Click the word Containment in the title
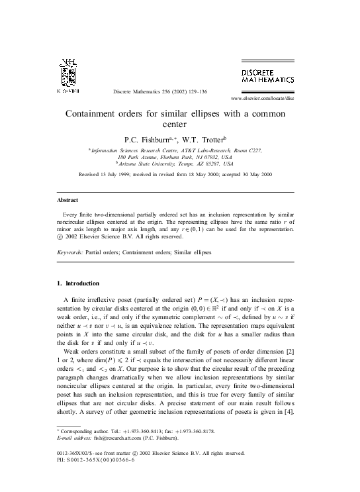(95, 113)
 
